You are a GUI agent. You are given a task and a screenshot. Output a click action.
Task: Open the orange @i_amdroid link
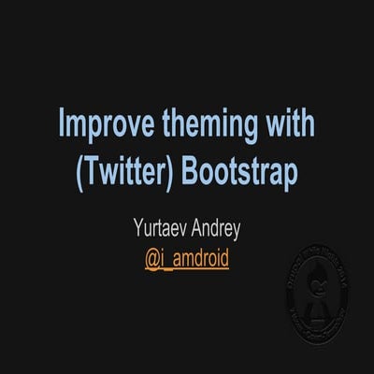click(187, 255)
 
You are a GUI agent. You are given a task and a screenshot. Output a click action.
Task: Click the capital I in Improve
click(63, 124)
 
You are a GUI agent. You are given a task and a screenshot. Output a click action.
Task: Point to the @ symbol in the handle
click(152, 255)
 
